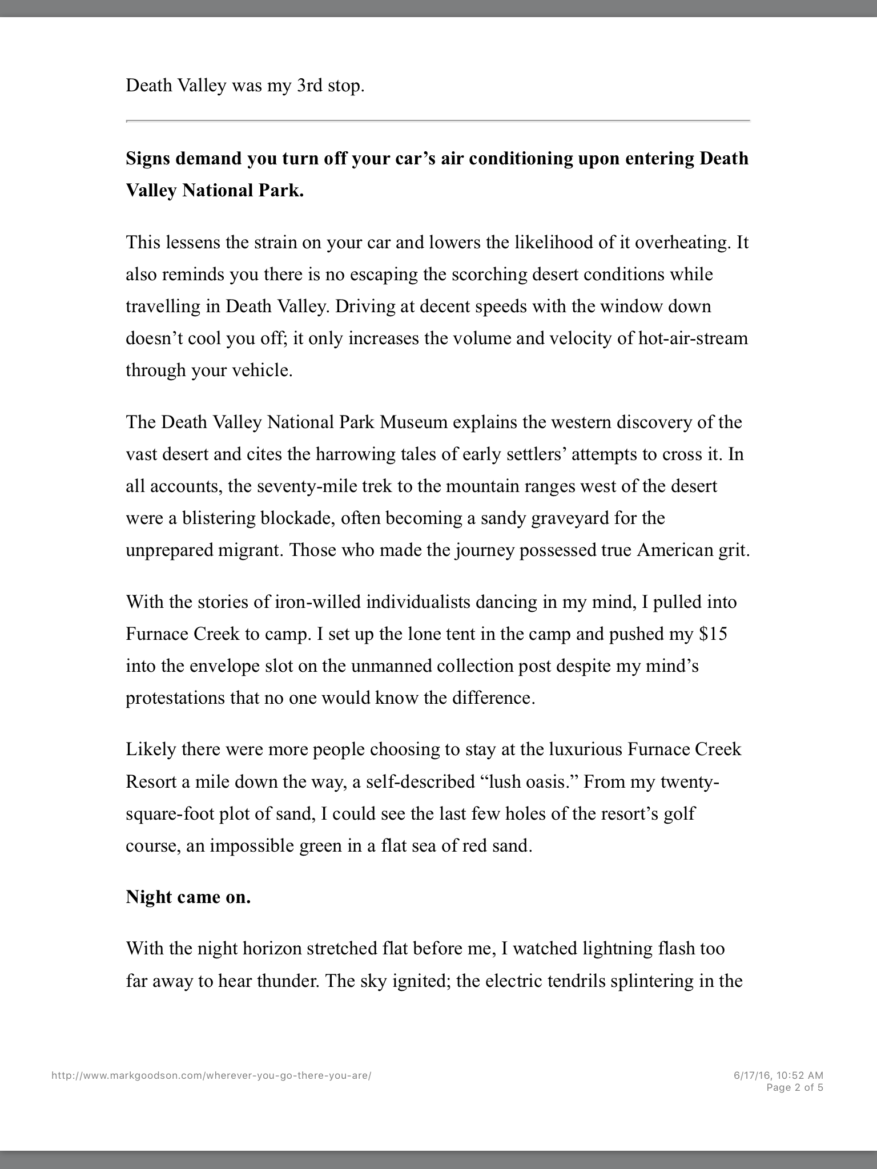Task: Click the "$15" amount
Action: tap(713, 634)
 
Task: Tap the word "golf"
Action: tap(680, 813)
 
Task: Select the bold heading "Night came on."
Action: tap(188, 897)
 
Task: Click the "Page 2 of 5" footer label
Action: tap(794, 1087)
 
